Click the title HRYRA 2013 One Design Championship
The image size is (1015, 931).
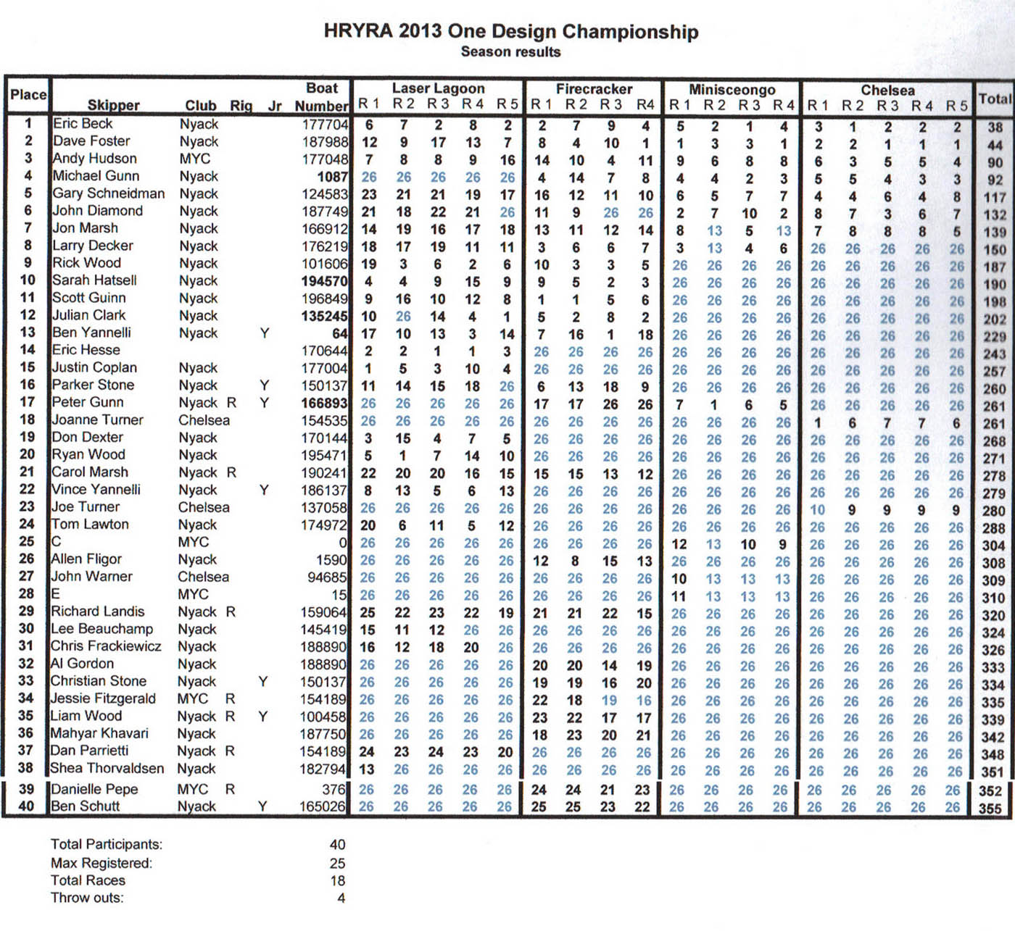[x=511, y=32]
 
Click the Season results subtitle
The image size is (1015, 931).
[x=510, y=52]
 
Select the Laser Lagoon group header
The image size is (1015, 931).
[x=438, y=88]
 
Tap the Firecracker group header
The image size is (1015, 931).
[x=594, y=88]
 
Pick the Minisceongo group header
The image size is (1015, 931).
[x=732, y=89]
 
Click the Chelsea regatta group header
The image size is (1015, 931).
[x=887, y=90]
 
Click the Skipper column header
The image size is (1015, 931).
[x=113, y=105]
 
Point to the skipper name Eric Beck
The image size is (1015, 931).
[x=83, y=123]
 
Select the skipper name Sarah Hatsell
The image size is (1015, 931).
[x=94, y=280]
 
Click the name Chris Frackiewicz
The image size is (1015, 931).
[x=106, y=646]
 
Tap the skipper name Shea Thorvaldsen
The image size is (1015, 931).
[x=107, y=768]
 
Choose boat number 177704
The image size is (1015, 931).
[x=325, y=124]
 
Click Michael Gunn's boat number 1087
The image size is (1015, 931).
[x=332, y=176]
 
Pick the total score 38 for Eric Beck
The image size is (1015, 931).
[x=995, y=128]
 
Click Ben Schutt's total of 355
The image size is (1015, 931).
[x=990, y=809]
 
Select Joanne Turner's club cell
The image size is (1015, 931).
[x=204, y=420]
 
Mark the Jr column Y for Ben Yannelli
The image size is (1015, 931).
[x=265, y=333]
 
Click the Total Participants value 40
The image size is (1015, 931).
[x=337, y=845]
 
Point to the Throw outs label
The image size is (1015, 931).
[x=87, y=898]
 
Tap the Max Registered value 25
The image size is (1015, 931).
[x=337, y=864]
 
